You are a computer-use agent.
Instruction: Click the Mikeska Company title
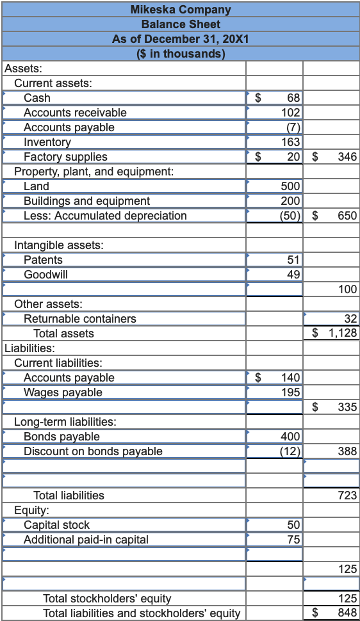[x=180, y=10]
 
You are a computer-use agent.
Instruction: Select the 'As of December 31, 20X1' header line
[x=180, y=39]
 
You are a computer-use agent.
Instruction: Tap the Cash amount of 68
[x=293, y=98]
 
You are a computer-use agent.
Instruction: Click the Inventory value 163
[x=291, y=142]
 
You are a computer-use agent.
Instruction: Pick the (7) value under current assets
[x=293, y=127]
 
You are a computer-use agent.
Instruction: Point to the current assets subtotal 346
[x=347, y=157]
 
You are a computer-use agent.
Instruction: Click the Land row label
[x=36, y=186]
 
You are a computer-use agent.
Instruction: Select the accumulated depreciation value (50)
[x=291, y=216]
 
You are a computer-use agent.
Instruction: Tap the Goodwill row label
[x=46, y=275]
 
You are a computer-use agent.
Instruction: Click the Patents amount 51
[x=294, y=260]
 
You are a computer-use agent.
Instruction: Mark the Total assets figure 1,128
[x=343, y=334]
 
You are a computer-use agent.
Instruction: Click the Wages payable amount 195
[x=291, y=392]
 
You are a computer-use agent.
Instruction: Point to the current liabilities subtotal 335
[x=347, y=407]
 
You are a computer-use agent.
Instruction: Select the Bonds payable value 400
[x=291, y=437]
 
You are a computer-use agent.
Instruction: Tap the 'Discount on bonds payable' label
[x=93, y=451]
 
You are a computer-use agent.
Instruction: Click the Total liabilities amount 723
[x=347, y=496]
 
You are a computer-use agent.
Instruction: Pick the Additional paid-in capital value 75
[x=294, y=540]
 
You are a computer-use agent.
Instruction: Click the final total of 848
[x=347, y=613]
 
